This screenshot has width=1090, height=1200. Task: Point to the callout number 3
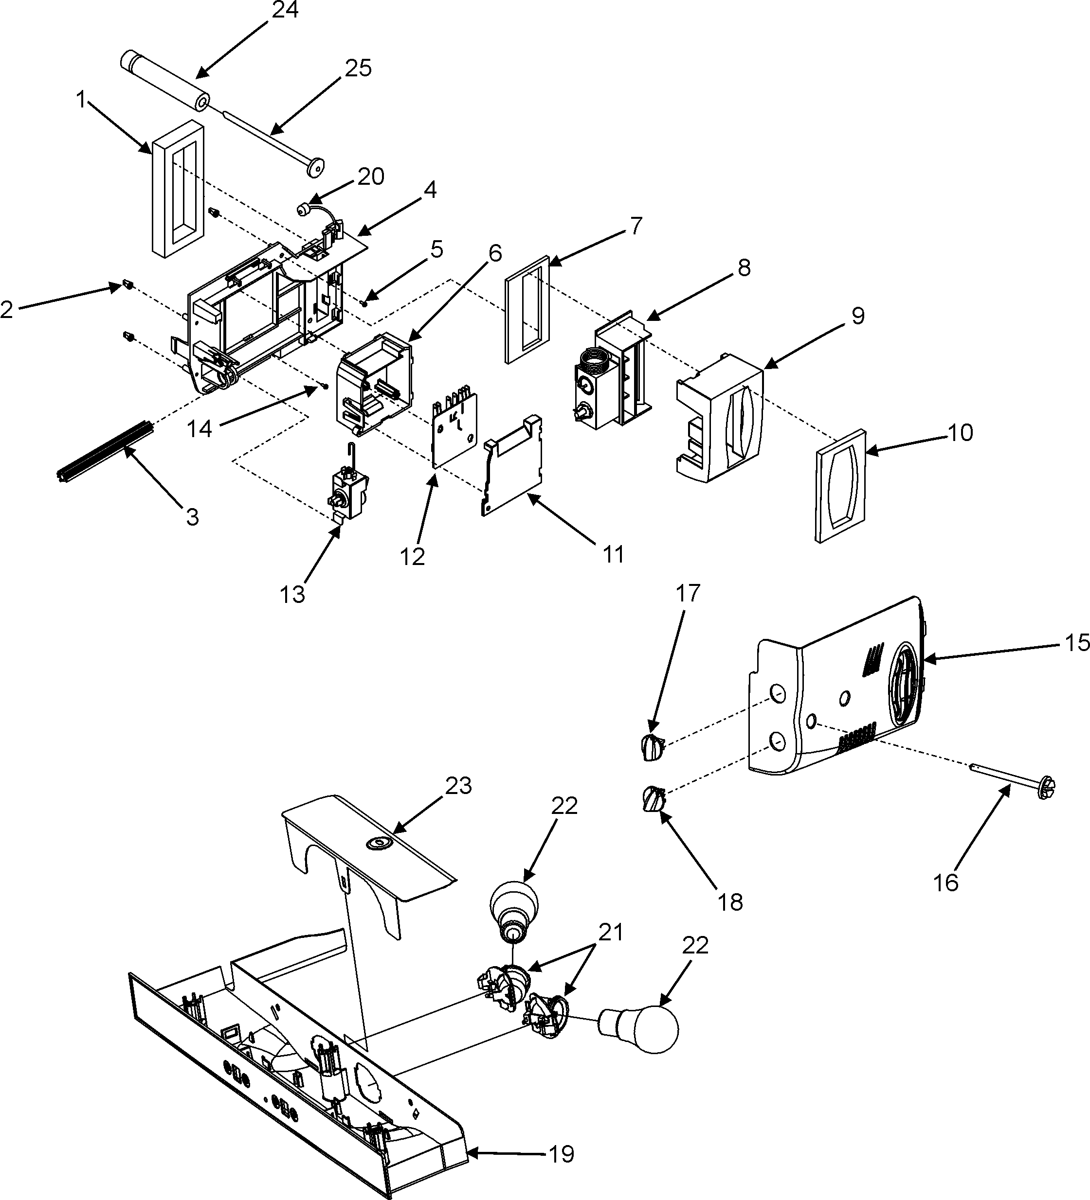pyautogui.click(x=192, y=517)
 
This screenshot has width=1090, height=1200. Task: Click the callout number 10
pyautogui.click(x=960, y=433)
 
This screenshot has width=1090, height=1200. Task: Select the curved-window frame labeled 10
pyautogui.click(x=839, y=485)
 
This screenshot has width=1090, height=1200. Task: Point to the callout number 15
pyautogui.click(x=1076, y=643)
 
